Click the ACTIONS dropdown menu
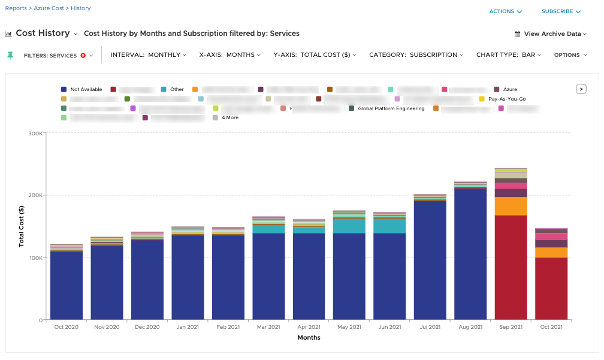(505, 11)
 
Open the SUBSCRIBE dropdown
(561, 11)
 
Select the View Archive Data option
(551, 34)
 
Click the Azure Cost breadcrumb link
(49, 8)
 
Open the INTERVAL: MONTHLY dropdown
(149, 55)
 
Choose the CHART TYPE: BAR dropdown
(509, 55)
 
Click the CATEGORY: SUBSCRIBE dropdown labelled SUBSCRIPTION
(416, 55)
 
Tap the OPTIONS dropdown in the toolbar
(570, 55)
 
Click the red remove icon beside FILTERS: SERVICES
(83, 56)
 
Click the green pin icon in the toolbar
(10, 55)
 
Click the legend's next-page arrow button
(581, 89)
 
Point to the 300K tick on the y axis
(35, 133)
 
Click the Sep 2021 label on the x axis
(511, 327)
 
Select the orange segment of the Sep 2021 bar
(511, 206)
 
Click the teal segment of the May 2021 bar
(349, 226)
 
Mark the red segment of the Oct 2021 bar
(551, 288)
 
